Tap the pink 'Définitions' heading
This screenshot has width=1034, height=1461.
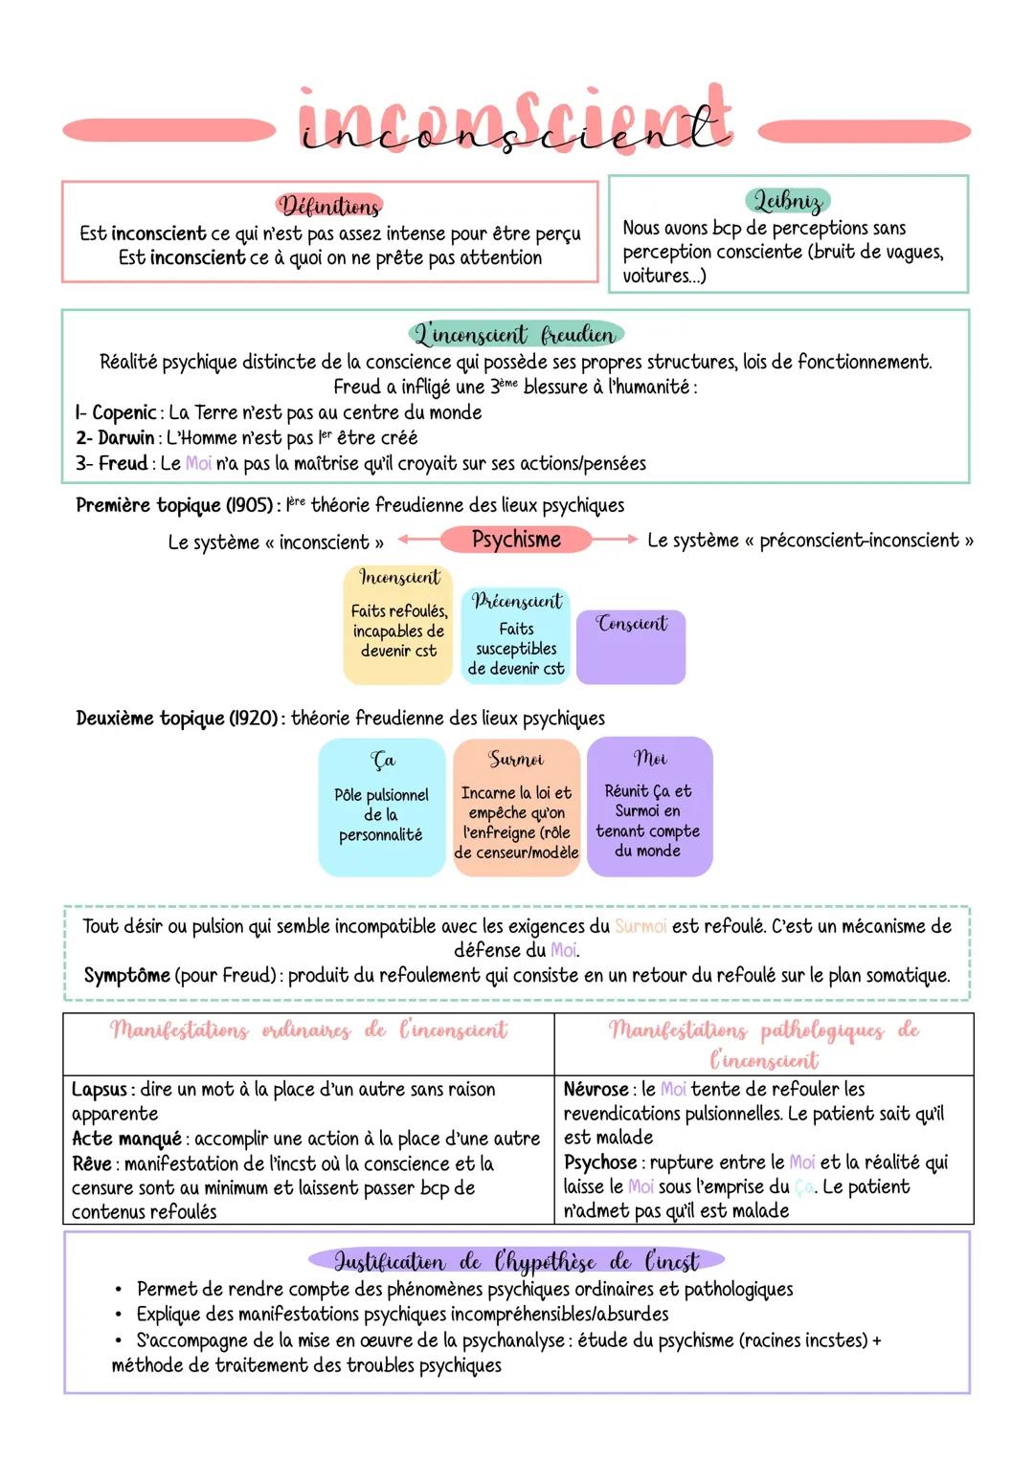point(329,206)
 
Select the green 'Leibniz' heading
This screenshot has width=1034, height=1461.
point(787,201)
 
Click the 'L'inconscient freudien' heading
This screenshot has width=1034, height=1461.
point(515,335)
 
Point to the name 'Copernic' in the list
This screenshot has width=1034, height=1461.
point(124,413)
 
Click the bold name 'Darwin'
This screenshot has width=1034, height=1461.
point(125,438)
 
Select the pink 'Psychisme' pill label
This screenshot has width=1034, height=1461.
point(516,540)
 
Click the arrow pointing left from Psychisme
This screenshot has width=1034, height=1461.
point(418,540)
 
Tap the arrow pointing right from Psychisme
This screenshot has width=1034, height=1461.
point(615,540)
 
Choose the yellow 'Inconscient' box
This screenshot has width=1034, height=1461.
point(398,624)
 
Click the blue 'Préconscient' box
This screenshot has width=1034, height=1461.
point(516,635)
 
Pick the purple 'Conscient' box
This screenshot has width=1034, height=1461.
point(631,647)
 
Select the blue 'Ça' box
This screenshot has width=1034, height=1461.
point(382,807)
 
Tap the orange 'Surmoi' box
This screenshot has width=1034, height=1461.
point(516,807)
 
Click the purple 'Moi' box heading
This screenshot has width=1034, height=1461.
point(650,759)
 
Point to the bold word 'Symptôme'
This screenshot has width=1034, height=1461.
point(126,976)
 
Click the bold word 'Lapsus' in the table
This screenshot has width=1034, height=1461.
point(99,1090)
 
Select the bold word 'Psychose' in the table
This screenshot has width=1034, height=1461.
point(599,1162)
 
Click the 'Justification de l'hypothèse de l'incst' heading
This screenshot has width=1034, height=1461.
point(516,1261)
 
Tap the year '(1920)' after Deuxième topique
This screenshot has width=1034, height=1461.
point(254,719)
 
